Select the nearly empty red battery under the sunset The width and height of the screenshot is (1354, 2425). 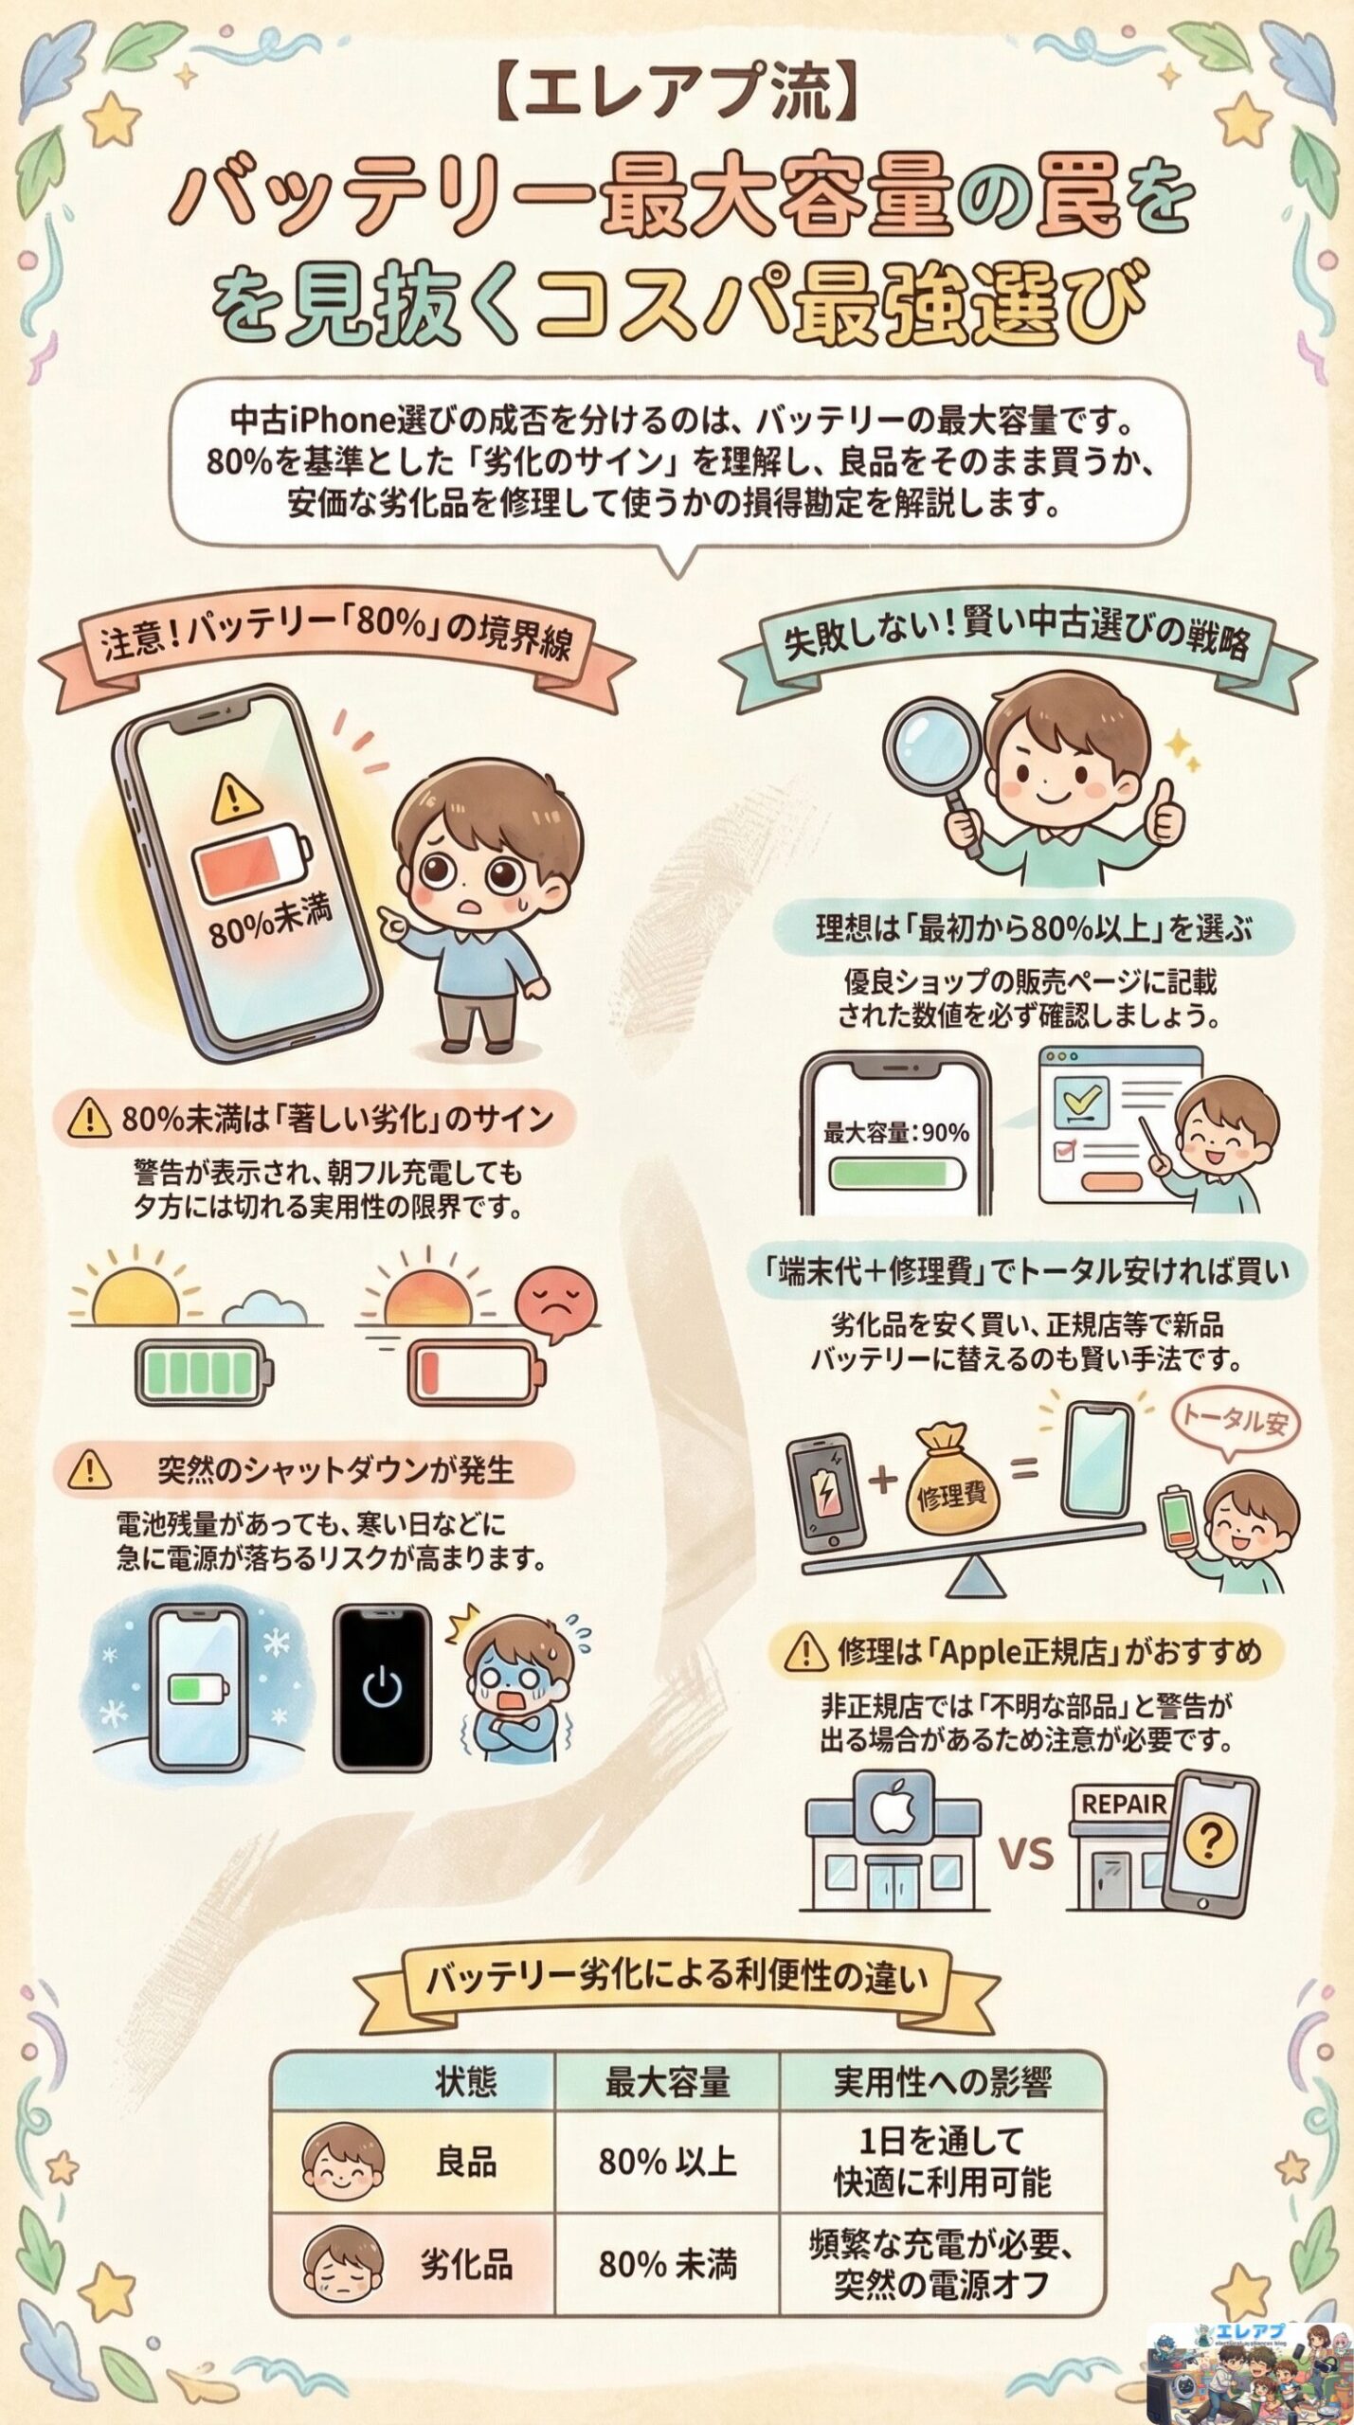(476, 1371)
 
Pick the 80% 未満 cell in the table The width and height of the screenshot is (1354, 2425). (667, 2265)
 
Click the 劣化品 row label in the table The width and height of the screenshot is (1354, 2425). (466, 2265)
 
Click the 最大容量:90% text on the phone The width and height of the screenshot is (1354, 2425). (895, 1132)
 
